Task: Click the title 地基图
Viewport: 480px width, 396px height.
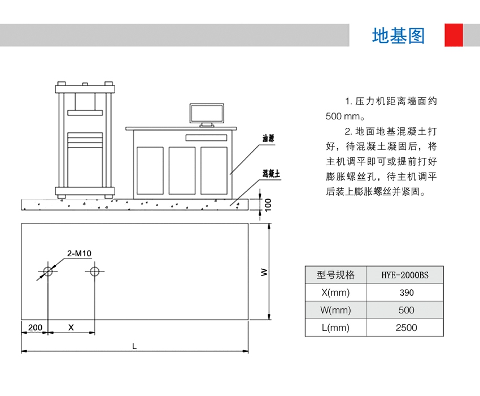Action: click(x=398, y=36)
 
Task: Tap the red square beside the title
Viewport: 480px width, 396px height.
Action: click(x=453, y=35)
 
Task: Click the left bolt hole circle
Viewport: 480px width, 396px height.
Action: click(x=48, y=272)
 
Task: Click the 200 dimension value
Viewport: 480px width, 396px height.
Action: click(x=34, y=328)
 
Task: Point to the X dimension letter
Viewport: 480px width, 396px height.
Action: click(x=71, y=328)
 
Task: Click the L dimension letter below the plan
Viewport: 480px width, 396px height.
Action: click(x=134, y=346)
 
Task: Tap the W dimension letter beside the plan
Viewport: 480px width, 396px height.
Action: click(x=264, y=272)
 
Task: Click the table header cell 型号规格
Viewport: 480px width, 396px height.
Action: click(x=335, y=276)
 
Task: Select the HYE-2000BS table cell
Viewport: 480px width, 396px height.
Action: click(x=405, y=276)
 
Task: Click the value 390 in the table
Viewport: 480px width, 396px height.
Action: click(x=406, y=293)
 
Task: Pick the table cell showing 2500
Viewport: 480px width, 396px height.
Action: click(x=406, y=328)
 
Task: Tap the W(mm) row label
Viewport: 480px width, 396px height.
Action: click(x=335, y=310)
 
